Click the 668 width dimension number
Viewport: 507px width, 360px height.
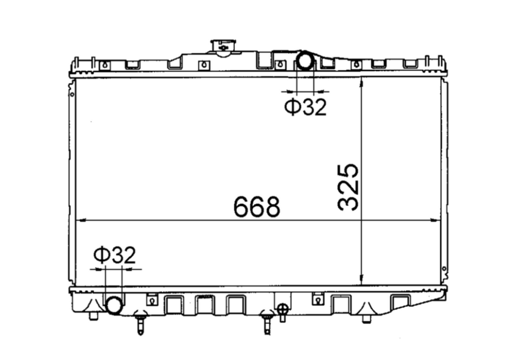coord(257,207)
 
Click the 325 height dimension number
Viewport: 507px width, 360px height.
coord(348,187)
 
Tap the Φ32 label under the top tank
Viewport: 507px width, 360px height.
coord(305,107)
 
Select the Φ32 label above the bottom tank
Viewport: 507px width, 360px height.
coord(114,255)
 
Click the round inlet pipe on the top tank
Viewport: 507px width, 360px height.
coord(306,60)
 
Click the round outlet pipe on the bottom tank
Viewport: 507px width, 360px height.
coord(114,306)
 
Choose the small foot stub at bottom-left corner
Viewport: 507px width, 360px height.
coord(94,316)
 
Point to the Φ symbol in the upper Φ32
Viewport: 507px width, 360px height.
coord(292,107)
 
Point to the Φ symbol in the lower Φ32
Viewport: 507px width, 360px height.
coord(101,255)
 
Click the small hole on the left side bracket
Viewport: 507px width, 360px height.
coord(72,94)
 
